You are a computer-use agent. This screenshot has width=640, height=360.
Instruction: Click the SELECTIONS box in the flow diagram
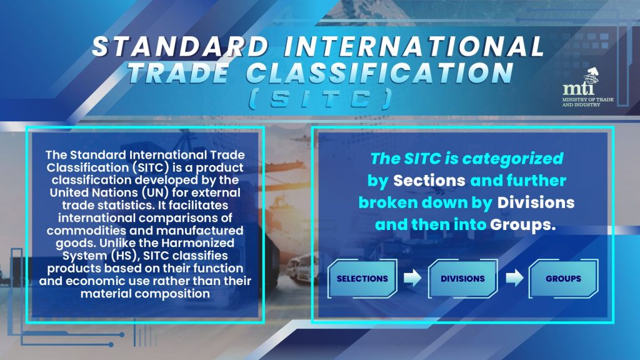[362, 278]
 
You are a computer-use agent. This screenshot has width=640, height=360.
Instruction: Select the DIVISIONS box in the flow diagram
[463, 278]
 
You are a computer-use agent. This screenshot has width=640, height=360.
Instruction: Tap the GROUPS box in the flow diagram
[563, 278]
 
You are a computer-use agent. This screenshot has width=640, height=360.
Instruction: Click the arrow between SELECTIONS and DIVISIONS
[412, 278]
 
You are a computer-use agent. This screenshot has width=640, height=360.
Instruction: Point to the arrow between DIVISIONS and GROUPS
[514, 278]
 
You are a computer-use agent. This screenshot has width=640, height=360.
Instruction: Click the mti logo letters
[578, 87]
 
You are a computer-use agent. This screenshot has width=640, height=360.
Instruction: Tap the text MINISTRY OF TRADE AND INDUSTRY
[587, 102]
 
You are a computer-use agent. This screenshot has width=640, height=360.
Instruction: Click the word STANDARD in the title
[181, 46]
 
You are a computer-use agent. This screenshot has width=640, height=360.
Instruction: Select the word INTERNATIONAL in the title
[414, 46]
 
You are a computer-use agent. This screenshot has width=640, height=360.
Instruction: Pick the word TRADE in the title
[178, 74]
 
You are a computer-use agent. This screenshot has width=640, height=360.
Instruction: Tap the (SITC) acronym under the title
[321, 99]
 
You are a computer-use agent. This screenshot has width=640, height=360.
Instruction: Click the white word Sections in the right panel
[429, 181]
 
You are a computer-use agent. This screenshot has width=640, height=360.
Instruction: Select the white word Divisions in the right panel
[536, 202]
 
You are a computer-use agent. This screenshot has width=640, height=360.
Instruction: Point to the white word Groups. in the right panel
[523, 225]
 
